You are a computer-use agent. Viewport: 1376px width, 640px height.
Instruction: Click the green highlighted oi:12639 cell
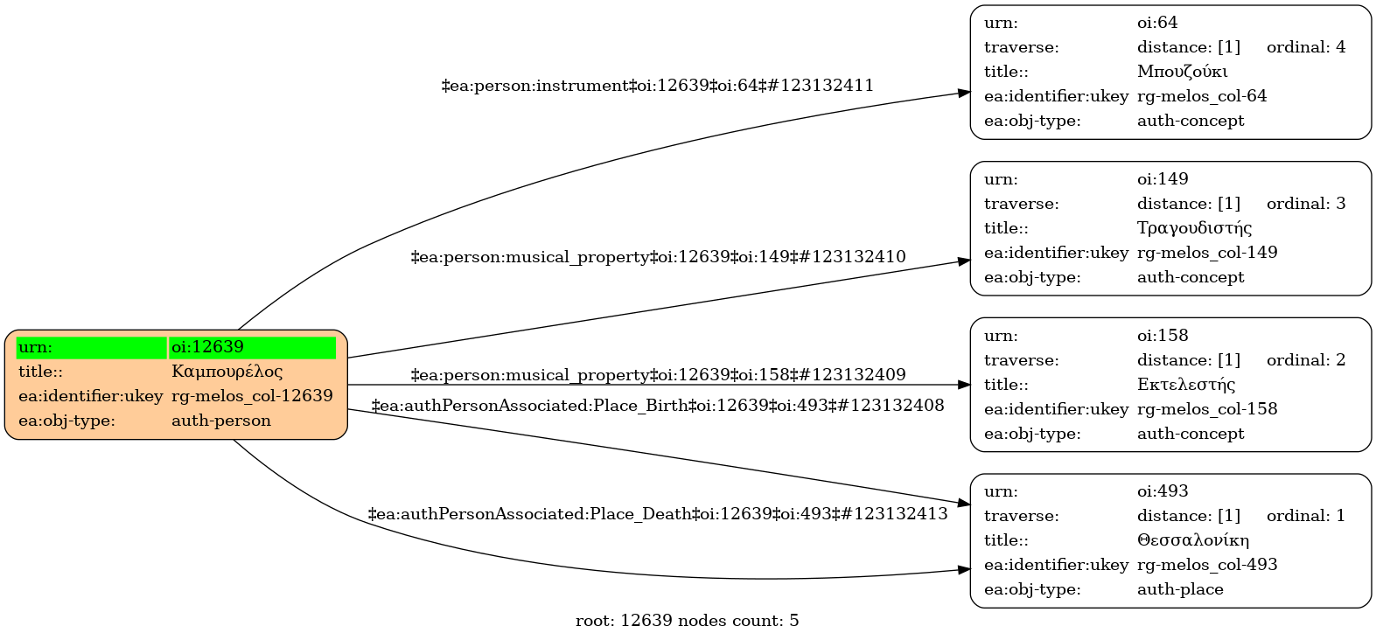click(x=253, y=347)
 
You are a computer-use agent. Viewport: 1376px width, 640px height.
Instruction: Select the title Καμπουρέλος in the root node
click(x=227, y=372)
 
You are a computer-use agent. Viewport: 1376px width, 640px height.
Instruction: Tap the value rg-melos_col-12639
click(x=252, y=396)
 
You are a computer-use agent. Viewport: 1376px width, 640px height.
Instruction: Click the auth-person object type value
click(x=221, y=421)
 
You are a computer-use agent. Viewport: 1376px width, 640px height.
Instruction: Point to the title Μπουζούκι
click(x=1183, y=72)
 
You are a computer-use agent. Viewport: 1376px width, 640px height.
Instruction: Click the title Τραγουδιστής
click(x=1194, y=228)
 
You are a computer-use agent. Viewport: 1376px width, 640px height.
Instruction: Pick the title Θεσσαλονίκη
click(x=1193, y=540)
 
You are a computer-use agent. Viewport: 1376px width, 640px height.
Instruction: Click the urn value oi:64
click(x=1157, y=23)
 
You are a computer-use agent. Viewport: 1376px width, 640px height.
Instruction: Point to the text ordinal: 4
click(x=1306, y=47)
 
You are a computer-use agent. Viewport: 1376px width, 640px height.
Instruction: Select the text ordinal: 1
click(x=1306, y=516)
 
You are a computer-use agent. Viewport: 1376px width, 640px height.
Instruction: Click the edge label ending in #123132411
click(x=657, y=86)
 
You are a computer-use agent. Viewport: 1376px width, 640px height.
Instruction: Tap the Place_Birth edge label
click(x=658, y=406)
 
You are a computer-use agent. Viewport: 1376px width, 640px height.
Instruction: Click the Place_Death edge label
click(x=658, y=513)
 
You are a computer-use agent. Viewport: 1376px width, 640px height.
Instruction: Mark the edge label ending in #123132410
click(x=658, y=257)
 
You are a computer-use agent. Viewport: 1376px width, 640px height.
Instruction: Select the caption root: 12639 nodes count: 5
click(x=688, y=621)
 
